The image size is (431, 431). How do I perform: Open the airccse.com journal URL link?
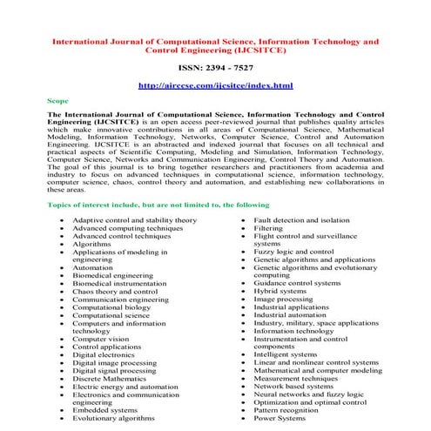pyautogui.click(x=215, y=86)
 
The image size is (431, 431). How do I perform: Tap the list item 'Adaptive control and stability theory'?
pyautogui.click(x=134, y=220)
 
